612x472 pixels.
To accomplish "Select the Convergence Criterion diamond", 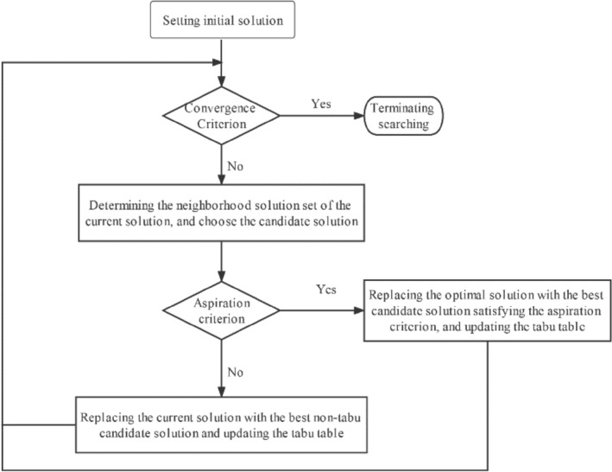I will [x=223, y=116].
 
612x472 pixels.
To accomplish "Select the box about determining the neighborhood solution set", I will [x=223, y=212].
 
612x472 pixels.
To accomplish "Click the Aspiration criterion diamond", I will [x=223, y=309].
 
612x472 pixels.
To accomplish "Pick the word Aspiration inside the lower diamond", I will [x=223, y=303].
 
